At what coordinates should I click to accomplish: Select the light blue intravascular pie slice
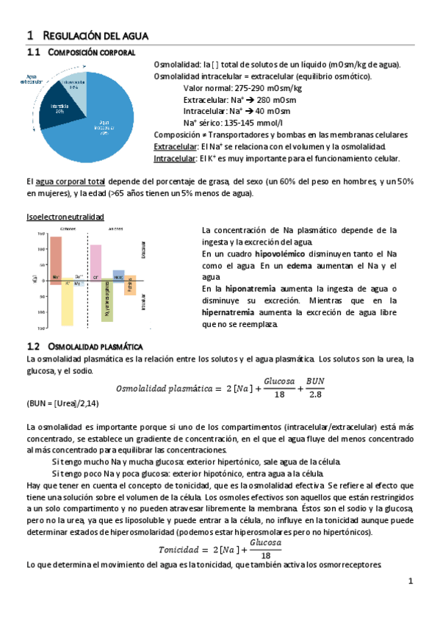[73, 84]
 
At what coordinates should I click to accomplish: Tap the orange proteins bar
[130, 285]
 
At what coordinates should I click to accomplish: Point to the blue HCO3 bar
[118, 275]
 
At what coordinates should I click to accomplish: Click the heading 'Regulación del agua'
[96, 35]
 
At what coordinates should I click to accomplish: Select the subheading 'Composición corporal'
[91, 53]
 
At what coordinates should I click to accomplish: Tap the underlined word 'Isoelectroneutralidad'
[65, 217]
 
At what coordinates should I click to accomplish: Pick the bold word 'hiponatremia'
[241, 289]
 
